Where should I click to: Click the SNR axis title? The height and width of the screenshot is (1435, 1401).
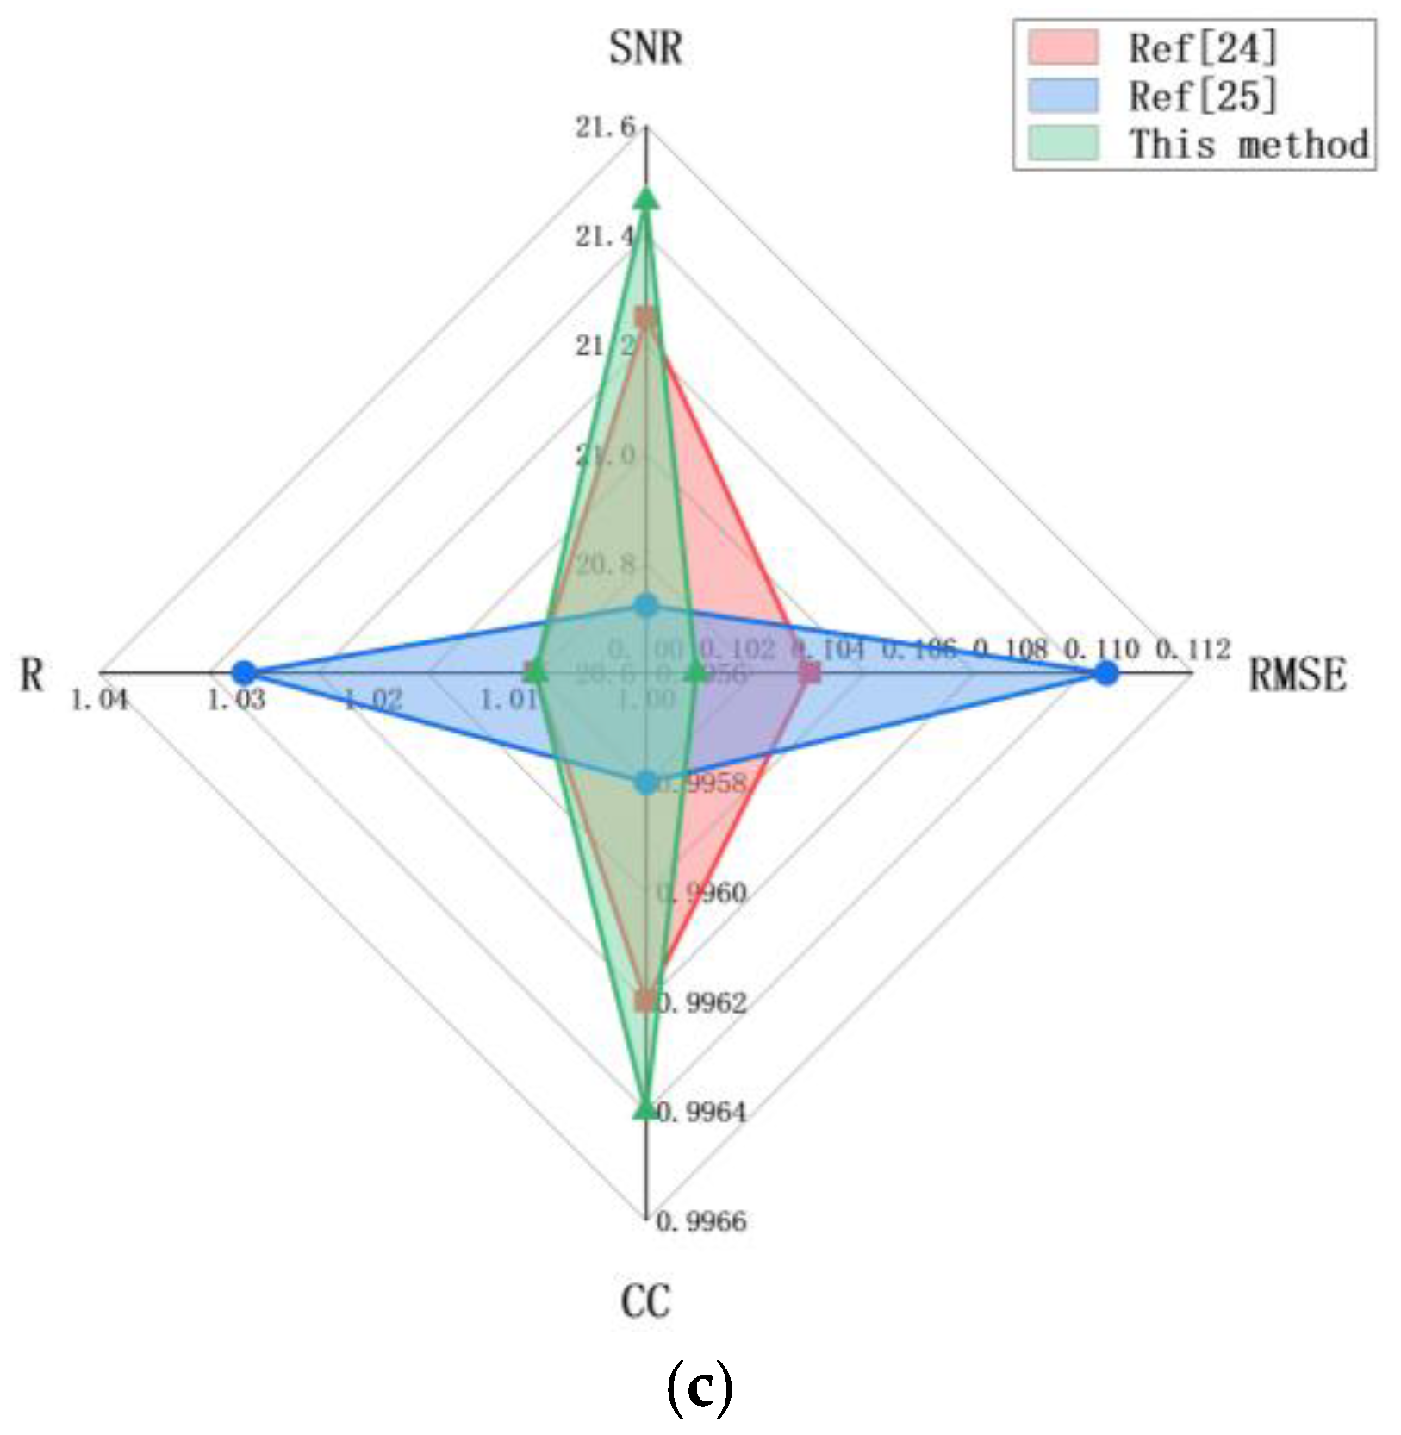coord(644,47)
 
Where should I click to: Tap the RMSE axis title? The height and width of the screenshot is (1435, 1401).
coord(1297,675)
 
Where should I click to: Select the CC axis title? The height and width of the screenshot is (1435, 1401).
coord(644,1301)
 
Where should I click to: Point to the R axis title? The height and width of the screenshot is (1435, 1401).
coord(32,675)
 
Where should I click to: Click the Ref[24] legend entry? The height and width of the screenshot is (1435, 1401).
coord(1202,47)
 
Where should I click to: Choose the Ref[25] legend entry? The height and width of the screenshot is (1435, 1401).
coord(1202,95)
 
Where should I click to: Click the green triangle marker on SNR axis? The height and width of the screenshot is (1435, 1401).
coord(645,199)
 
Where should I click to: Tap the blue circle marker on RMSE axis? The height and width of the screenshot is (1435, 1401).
coord(1105,673)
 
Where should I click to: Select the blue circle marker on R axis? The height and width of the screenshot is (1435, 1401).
coord(245,672)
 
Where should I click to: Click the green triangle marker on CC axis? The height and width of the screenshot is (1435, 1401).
coord(644,1109)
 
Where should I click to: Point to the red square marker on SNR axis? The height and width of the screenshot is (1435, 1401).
coord(644,316)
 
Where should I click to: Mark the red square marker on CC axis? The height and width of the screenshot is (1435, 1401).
coord(644,1000)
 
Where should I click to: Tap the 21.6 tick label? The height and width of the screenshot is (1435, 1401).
coord(605,128)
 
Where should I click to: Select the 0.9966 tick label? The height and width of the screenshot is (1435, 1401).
coord(701,1221)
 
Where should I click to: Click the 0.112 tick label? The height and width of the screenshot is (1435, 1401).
coord(1192,649)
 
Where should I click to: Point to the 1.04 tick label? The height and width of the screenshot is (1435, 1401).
coord(99,700)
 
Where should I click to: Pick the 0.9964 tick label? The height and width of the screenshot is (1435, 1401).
coord(701,1113)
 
